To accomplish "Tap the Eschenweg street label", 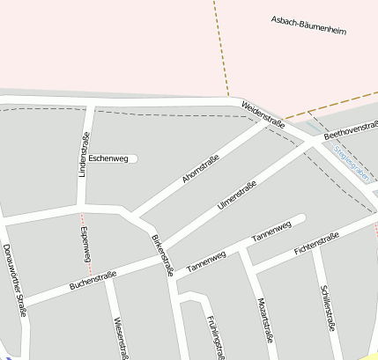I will tap(108, 158).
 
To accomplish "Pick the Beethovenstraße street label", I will tap(351, 131).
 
